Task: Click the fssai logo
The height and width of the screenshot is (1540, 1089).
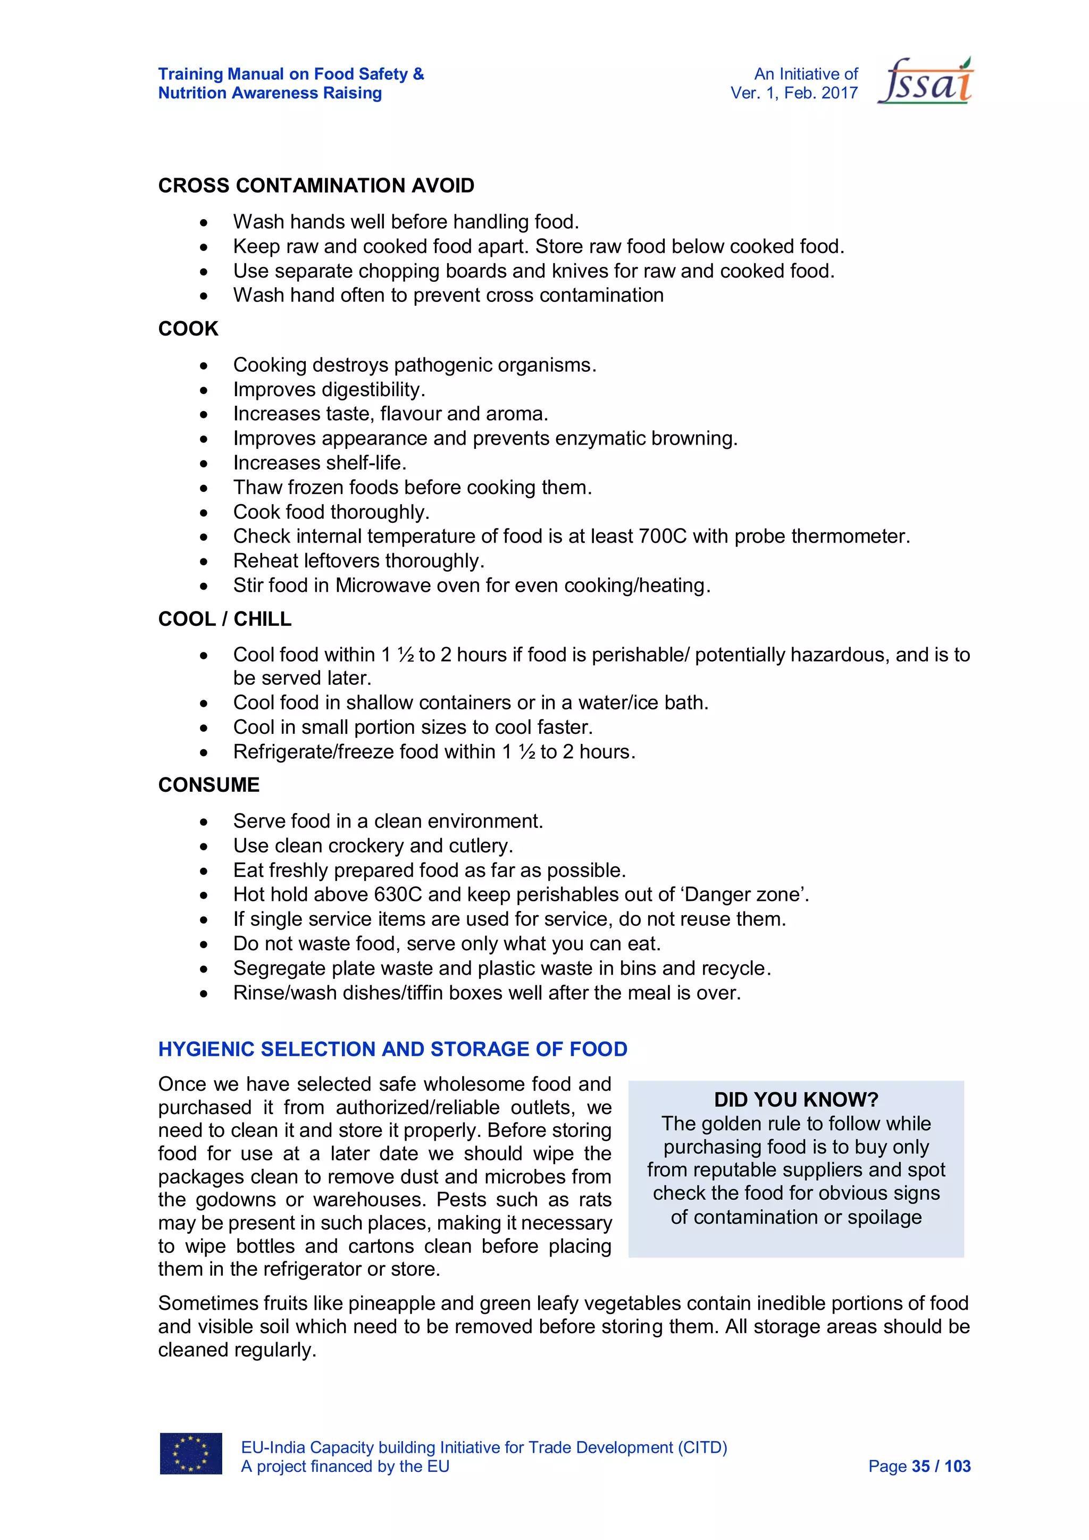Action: [925, 81]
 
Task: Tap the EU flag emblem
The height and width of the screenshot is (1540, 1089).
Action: [190, 1453]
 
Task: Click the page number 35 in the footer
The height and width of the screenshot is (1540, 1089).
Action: [920, 1466]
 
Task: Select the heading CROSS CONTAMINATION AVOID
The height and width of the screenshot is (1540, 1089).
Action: [316, 186]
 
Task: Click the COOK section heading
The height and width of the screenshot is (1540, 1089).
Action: [188, 329]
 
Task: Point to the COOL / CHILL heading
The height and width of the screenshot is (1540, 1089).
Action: [224, 618]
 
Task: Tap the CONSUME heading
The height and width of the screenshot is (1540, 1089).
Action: [208, 785]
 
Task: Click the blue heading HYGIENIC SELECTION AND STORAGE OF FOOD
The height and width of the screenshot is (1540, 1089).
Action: [392, 1049]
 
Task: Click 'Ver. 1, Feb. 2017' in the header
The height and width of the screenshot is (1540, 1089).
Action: [794, 93]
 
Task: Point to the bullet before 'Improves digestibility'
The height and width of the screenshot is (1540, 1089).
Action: [204, 390]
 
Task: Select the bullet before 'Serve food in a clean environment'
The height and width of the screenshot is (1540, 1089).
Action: [204, 822]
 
